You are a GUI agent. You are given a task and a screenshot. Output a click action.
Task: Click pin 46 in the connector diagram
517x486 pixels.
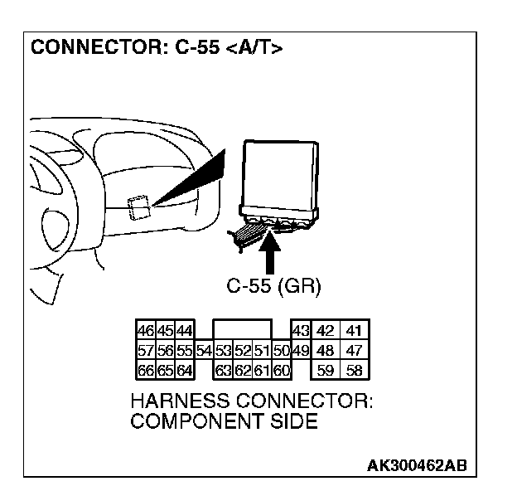(141, 329)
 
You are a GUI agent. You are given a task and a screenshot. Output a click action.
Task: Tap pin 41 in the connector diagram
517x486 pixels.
(355, 329)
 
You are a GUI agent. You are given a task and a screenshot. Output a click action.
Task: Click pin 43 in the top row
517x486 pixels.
(300, 329)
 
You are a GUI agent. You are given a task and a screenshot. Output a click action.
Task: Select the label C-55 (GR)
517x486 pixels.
(273, 286)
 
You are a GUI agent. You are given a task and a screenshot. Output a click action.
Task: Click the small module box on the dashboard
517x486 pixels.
(139, 207)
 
